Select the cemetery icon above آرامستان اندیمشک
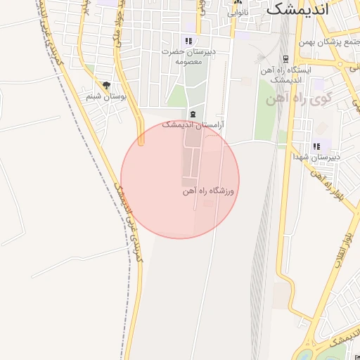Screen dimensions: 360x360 tap(193, 114)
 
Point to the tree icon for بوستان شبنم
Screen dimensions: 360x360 tap(107, 86)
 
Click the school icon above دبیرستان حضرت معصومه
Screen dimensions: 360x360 tap(188, 41)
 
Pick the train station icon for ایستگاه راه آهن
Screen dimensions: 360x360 tap(285, 59)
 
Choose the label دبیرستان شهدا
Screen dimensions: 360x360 tap(316, 157)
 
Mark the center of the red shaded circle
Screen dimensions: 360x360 tap(180, 180)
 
